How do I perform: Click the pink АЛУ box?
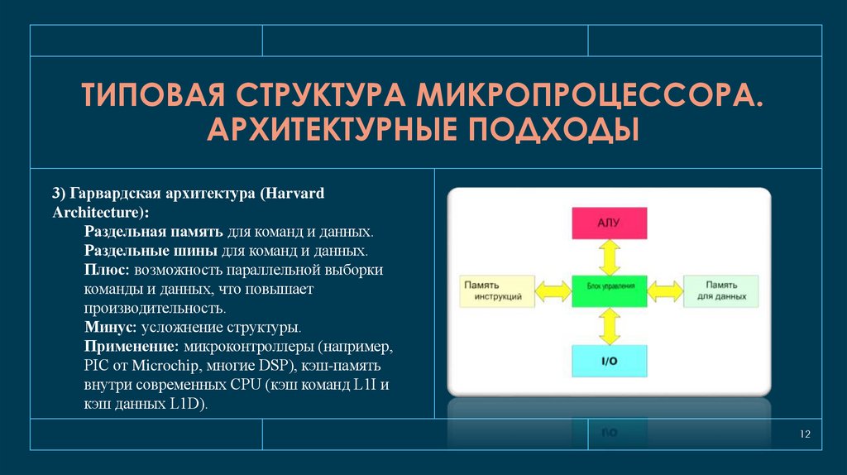tap(608, 223)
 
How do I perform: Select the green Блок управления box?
tap(608, 289)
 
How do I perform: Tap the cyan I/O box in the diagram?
tap(608, 362)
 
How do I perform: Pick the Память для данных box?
tap(720, 290)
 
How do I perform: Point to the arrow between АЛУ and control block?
tap(609, 257)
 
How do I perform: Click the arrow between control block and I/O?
tap(609, 326)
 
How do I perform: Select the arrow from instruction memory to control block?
tap(553, 290)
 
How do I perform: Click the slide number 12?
tap(804, 435)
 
